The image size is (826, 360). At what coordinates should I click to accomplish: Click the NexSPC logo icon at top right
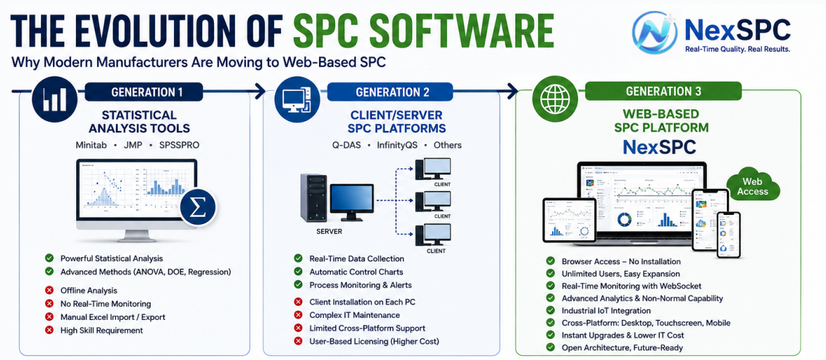click(x=653, y=32)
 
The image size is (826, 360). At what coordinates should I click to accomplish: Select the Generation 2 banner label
click(x=392, y=92)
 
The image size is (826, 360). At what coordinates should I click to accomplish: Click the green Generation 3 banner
click(x=663, y=91)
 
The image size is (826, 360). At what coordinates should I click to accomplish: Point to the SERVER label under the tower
click(x=330, y=232)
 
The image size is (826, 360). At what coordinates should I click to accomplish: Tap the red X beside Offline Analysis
click(x=49, y=290)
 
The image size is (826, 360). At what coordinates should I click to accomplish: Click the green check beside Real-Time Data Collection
click(x=298, y=259)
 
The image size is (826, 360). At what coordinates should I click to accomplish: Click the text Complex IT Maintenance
click(x=354, y=315)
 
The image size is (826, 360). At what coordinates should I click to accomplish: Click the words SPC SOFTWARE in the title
click(x=423, y=31)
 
